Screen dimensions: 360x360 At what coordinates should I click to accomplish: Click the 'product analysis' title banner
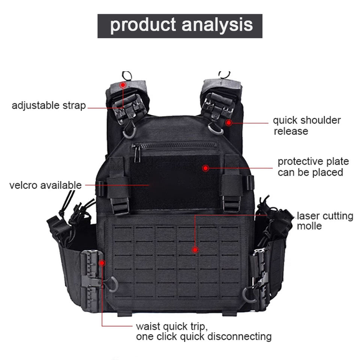point(180,26)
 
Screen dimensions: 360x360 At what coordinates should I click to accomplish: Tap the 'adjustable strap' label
point(49,105)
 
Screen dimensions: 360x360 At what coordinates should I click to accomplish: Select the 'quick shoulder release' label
point(307,126)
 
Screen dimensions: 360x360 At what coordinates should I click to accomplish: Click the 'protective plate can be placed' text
point(313,167)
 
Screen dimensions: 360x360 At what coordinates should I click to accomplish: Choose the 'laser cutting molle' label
point(325,221)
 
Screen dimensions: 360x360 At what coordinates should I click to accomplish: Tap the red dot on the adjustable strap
point(123,85)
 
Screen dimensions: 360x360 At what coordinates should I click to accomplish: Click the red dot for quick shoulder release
point(228,122)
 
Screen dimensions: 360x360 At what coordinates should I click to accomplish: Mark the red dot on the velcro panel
point(205,168)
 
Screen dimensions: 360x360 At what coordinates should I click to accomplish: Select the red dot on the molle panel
point(195,249)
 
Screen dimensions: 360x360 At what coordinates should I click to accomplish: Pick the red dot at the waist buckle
point(102,263)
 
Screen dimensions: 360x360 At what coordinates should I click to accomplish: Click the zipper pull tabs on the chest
point(137,154)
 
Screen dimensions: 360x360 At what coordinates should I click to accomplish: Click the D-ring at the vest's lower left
point(113,285)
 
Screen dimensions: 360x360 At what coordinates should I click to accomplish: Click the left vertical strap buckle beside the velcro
point(120,204)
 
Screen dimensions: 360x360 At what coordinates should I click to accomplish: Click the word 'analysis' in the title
point(217,25)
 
